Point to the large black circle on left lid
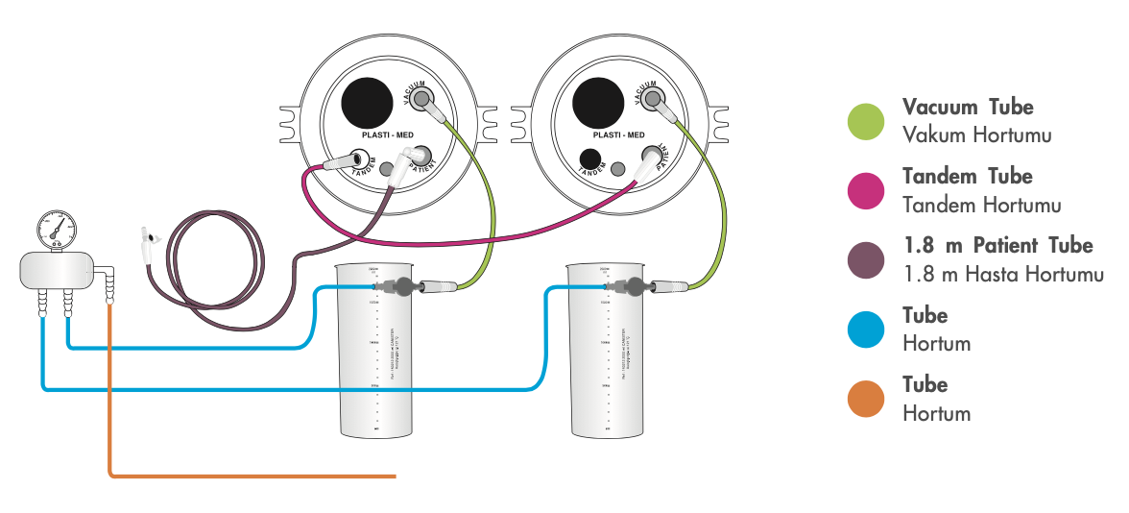pos(369,101)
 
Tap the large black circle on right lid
pos(598,101)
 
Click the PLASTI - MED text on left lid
pos(388,136)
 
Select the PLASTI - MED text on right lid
pos(617,136)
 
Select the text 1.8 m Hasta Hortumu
pos(1003,274)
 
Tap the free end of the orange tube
pos(394,475)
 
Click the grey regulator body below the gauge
pos(57,269)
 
